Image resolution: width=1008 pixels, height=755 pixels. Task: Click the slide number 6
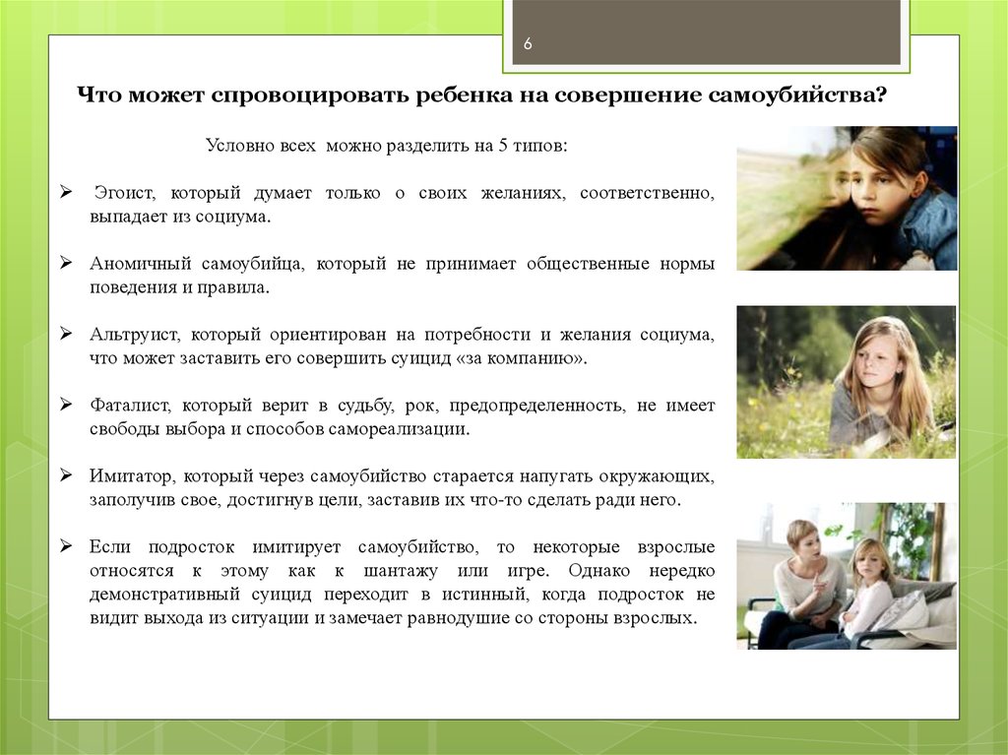tap(528, 43)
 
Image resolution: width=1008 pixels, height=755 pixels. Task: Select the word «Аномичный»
tap(141, 264)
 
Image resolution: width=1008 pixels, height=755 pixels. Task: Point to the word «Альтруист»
tap(136, 335)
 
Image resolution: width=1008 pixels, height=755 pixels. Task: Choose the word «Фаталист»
tap(131, 406)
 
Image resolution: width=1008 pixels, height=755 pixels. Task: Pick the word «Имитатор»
tap(132, 475)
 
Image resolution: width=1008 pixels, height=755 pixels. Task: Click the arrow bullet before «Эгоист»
tap(66, 192)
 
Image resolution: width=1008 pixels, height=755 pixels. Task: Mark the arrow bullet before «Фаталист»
tap(66, 404)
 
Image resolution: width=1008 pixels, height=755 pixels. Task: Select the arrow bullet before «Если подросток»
tap(66, 545)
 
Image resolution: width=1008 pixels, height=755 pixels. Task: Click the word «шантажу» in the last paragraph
tap(401, 571)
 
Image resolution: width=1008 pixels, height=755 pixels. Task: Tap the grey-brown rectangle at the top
tap(706, 31)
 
